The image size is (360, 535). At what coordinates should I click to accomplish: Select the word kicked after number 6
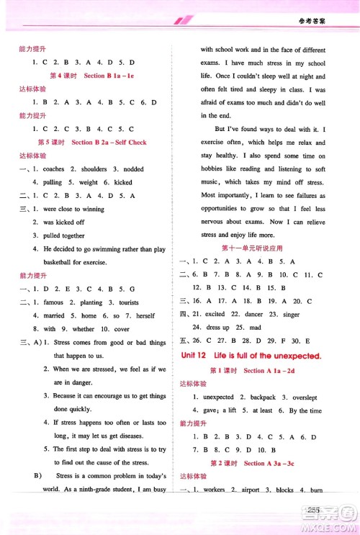123,183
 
